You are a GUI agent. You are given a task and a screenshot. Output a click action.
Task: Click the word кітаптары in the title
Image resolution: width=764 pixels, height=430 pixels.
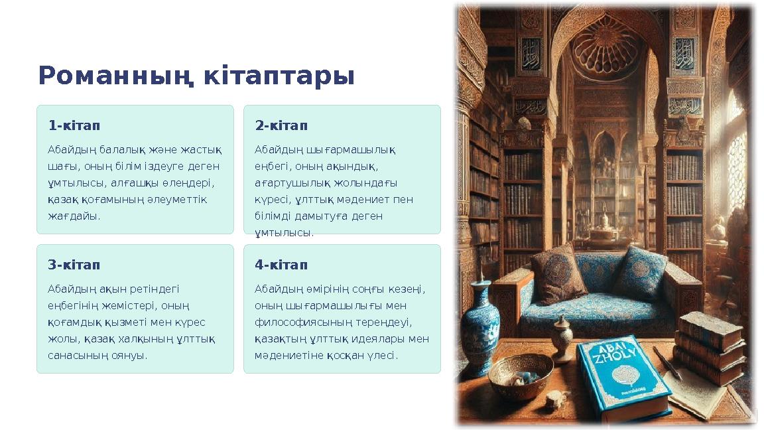coord(279,76)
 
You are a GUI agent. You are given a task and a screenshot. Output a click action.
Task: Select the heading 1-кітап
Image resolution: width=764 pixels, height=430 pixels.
coord(74,125)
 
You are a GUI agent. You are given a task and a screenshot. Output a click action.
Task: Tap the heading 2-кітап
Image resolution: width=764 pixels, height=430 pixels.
coord(281,125)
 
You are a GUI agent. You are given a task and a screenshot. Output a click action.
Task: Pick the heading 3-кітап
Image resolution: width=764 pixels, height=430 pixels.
coord(74,265)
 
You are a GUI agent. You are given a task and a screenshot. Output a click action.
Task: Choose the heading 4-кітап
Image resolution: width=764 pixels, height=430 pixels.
coord(281,265)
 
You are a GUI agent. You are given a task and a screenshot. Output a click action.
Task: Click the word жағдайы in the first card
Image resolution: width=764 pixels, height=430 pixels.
coord(73,216)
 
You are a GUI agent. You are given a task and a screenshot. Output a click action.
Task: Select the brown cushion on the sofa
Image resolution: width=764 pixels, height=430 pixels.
coord(558,273)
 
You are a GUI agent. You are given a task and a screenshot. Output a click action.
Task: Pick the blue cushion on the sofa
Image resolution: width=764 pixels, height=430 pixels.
coord(640,272)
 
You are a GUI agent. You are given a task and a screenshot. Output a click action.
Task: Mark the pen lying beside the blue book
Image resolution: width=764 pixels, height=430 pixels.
coord(667,362)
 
